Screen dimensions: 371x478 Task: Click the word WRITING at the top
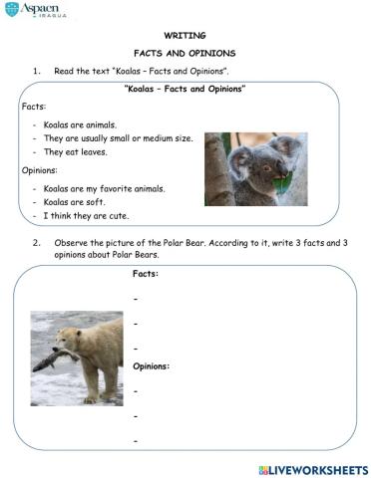[185, 35]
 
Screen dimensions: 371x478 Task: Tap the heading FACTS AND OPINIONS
[185, 53]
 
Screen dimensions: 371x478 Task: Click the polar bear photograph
[76, 358]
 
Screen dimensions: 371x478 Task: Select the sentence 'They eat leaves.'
[75, 152]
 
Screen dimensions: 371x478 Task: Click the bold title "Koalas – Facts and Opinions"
[185, 90]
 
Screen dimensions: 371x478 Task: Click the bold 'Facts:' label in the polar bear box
[146, 273]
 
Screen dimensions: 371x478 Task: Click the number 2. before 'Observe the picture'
[36, 242]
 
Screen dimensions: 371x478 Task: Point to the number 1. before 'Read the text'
[36, 71]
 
